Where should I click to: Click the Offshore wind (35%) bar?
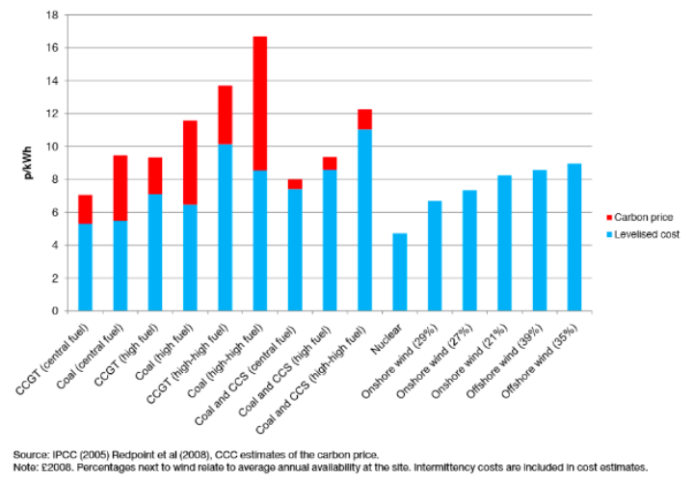click(574, 237)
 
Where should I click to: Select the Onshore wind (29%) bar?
click(434, 255)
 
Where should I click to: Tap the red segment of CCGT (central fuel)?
click(86, 209)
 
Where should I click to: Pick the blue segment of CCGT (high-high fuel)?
click(225, 227)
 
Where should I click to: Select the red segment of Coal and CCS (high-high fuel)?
click(364, 120)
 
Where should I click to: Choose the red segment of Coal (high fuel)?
click(190, 162)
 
